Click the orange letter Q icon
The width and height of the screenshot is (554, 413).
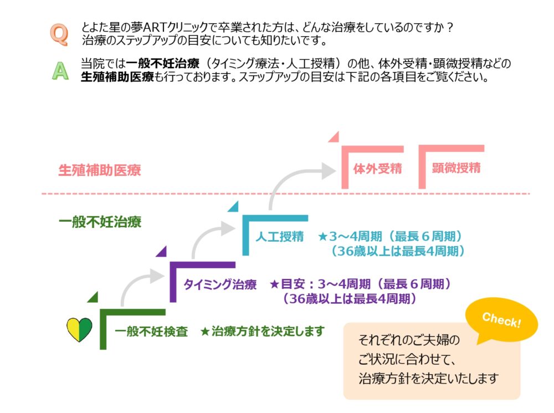click(59, 34)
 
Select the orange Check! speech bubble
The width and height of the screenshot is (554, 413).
click(501, 321)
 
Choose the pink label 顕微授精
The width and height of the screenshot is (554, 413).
click(456, 168)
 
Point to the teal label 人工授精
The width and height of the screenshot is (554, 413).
click(279, 237)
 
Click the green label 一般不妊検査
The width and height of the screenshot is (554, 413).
click(151, 332)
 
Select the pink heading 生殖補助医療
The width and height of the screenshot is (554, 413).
click(100, 170)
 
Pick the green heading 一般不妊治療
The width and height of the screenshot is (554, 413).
click(100, 223)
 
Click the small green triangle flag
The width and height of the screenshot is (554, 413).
click(93, 297)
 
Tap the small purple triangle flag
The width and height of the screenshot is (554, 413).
click(162, 251)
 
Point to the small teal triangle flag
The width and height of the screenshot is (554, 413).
click(233, 207)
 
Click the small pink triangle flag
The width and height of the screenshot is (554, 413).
click(334, 136)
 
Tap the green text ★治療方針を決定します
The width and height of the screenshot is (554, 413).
click(261, 332)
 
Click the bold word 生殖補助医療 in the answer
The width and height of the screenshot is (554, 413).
click(117, 77)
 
